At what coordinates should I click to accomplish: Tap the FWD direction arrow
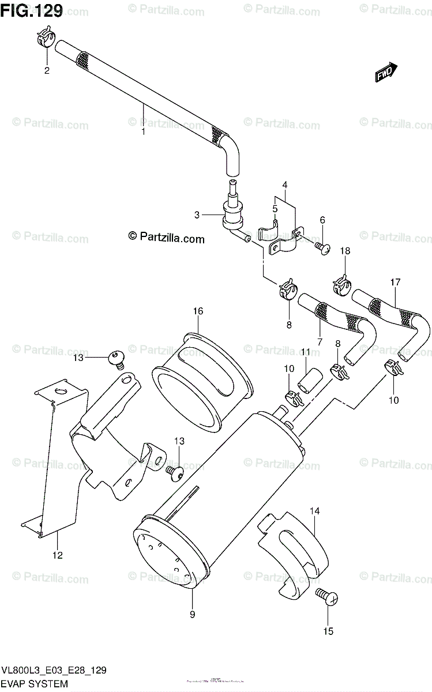(385, 73)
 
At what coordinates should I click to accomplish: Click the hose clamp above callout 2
(46, 40)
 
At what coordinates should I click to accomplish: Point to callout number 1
(143, 131)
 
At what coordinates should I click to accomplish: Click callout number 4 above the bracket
(285, 185)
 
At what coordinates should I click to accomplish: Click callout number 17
(395, 283)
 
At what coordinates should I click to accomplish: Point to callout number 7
(320, 343)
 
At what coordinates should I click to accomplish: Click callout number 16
(198, 311)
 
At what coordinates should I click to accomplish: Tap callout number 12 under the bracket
(58, 555)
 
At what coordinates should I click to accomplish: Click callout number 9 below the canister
(192, 614)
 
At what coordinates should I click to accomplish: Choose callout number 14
(314, 511)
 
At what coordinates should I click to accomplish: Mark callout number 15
(328, 631)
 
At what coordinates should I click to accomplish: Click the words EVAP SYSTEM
(35, 685)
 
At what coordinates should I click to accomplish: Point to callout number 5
(275, 208)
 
